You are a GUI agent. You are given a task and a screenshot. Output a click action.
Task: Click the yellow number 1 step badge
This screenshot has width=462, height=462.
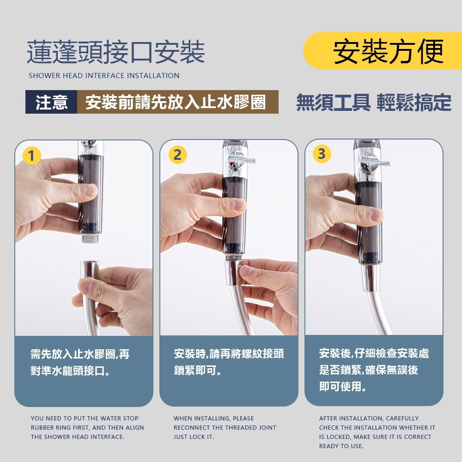(x=31, y=156)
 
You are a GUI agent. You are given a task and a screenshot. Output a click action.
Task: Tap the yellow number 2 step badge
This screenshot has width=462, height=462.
(x=178, y=154)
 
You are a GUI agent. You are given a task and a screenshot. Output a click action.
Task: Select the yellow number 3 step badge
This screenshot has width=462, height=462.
(x=322, y=153)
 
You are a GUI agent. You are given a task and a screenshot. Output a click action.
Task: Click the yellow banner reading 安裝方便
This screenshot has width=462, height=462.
(x=383, y=51)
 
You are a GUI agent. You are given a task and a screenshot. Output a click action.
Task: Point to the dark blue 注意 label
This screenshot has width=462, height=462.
(x=51, y=102)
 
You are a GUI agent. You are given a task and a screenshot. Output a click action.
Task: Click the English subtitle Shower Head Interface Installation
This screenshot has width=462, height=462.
(x=104, y=76)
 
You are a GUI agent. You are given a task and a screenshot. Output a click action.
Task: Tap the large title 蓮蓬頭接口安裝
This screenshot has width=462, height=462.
(x=116, y=52)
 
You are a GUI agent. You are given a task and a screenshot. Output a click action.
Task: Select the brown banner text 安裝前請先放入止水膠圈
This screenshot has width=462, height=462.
(x=176, y=102)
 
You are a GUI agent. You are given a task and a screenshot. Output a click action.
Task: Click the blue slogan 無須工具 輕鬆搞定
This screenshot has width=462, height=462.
(x=374, y=102)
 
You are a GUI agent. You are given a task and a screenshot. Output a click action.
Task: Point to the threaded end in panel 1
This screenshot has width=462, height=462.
(x=91, y=237)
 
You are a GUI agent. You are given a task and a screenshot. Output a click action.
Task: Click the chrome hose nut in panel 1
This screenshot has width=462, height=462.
(x=89, y=269)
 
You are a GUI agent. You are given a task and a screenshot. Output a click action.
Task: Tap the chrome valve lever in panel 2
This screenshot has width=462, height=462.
(x=241, y=160)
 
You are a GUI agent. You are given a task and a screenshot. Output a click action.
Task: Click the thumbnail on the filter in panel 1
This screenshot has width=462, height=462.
(x=91, y=190)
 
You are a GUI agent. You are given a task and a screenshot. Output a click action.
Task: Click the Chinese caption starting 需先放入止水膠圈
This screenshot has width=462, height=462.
(x=80, y=362)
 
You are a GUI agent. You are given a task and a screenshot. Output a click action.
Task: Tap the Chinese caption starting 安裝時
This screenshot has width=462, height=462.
(x=229, y=362)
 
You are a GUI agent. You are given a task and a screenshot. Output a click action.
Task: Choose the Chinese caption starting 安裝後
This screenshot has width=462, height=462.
(x=374, y=370)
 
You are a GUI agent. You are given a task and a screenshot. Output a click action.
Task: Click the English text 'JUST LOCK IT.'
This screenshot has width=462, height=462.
(x=194, y=437)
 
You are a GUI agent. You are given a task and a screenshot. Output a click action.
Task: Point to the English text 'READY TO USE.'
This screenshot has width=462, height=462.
(x=341, y=446)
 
